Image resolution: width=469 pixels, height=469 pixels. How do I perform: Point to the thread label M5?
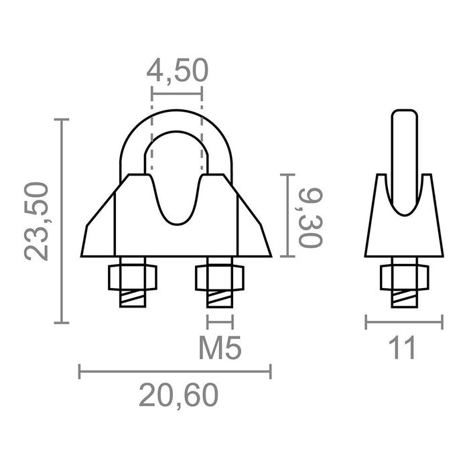tap(220, 348)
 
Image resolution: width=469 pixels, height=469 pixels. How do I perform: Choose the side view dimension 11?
tap(403, 348)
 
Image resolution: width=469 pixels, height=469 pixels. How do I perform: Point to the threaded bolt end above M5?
tap(220, 298)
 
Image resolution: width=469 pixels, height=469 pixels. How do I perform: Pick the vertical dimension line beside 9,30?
tap(287, 215)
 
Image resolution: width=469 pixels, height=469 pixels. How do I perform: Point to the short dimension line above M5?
tap(220, 322)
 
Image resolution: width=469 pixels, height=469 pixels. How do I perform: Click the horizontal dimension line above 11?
tap(403, 323)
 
